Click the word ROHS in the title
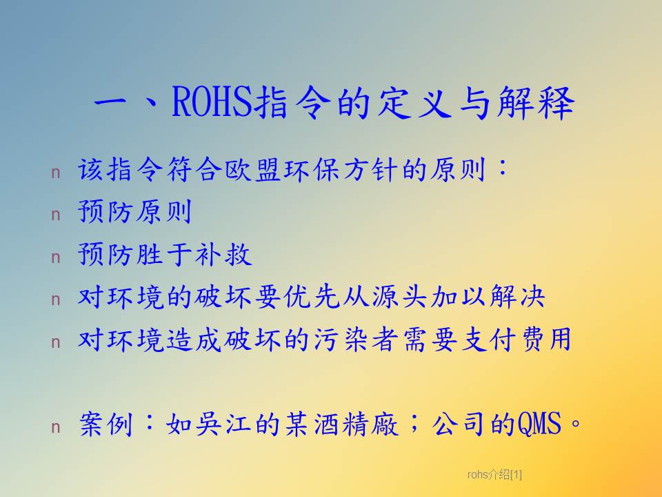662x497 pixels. (x=212, y=101)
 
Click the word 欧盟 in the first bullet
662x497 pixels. (x=252, y=170)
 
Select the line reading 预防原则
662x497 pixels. (x=135, y=212)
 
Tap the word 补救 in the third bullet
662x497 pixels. (x=223, y=255)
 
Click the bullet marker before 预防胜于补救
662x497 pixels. (x=56, y=257)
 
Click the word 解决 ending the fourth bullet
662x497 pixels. (x=517, y=297)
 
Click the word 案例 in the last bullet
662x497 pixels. (x=106, y=424)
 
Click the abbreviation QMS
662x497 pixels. (x=539, y=424)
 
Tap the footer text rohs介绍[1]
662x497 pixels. (x=494, y=475)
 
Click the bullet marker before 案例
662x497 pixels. (x=56, y=427)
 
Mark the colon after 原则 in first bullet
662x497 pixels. (x=503, y=168)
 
